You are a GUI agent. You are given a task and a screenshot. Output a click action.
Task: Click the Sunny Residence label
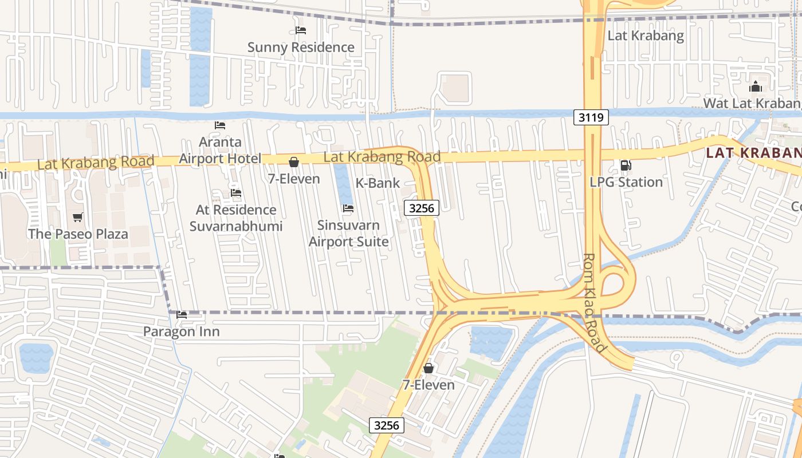(301, 48)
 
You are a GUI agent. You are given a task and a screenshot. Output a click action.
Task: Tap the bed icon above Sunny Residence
(301, 30)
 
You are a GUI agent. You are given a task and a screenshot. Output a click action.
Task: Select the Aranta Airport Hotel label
(220, 150)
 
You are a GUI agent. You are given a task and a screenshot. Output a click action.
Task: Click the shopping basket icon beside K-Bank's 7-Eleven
(294, 163)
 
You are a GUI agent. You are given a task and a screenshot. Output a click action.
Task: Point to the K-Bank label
(378, 183)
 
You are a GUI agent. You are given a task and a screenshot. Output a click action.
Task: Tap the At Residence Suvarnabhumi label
(236, 218)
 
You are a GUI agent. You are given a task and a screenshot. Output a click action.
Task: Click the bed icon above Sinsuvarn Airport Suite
(348, 208)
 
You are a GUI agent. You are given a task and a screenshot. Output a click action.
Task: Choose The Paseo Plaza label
(78, 234)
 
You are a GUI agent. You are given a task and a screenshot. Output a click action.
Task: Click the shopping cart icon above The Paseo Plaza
(78, 217)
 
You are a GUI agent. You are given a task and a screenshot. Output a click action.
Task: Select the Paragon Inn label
(181, 332)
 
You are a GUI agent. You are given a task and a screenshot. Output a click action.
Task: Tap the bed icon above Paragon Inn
(182, 315)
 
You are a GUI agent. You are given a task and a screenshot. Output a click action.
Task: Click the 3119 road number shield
(591, 118)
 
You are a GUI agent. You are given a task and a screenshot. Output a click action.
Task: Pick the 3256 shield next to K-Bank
(422, 208)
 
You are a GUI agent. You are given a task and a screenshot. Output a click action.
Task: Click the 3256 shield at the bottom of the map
(386, 425)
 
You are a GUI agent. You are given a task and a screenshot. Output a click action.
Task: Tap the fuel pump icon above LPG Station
(626, 165)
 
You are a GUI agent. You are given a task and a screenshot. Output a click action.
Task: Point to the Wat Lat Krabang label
(752, 104)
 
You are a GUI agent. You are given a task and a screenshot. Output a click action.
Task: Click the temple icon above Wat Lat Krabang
(756, 87)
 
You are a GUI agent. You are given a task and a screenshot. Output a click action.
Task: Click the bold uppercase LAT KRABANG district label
(753, 153)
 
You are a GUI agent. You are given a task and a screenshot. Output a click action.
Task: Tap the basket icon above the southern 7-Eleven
(428, 368)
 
